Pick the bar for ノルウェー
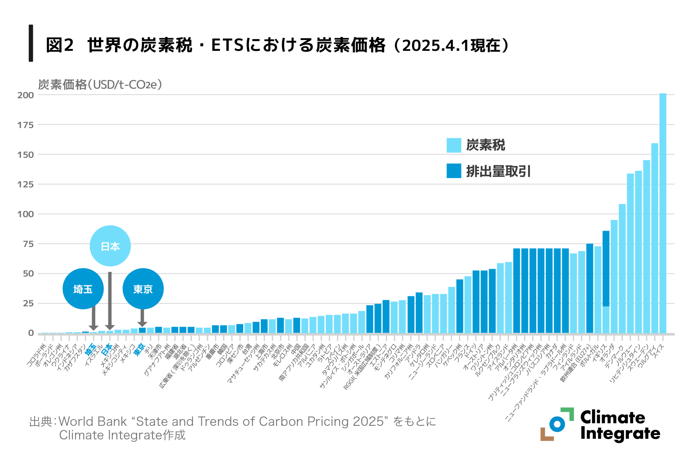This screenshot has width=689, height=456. [x=630, y=253]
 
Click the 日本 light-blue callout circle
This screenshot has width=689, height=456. [x=110, y=246]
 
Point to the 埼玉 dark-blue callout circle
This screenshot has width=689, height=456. [x=83, y=289]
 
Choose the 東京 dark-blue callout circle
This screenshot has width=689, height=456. [x=143, y=289]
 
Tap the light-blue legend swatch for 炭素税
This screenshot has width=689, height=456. [x=454, y=145]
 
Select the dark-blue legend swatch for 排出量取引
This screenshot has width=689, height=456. [x=454, y=171]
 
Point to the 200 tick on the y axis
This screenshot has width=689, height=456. [x=26, y=95]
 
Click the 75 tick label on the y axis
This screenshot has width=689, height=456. [x=28, y=244]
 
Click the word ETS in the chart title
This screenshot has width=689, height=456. [x=227, y=45]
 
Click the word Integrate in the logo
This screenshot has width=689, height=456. [x=620, y=434]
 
